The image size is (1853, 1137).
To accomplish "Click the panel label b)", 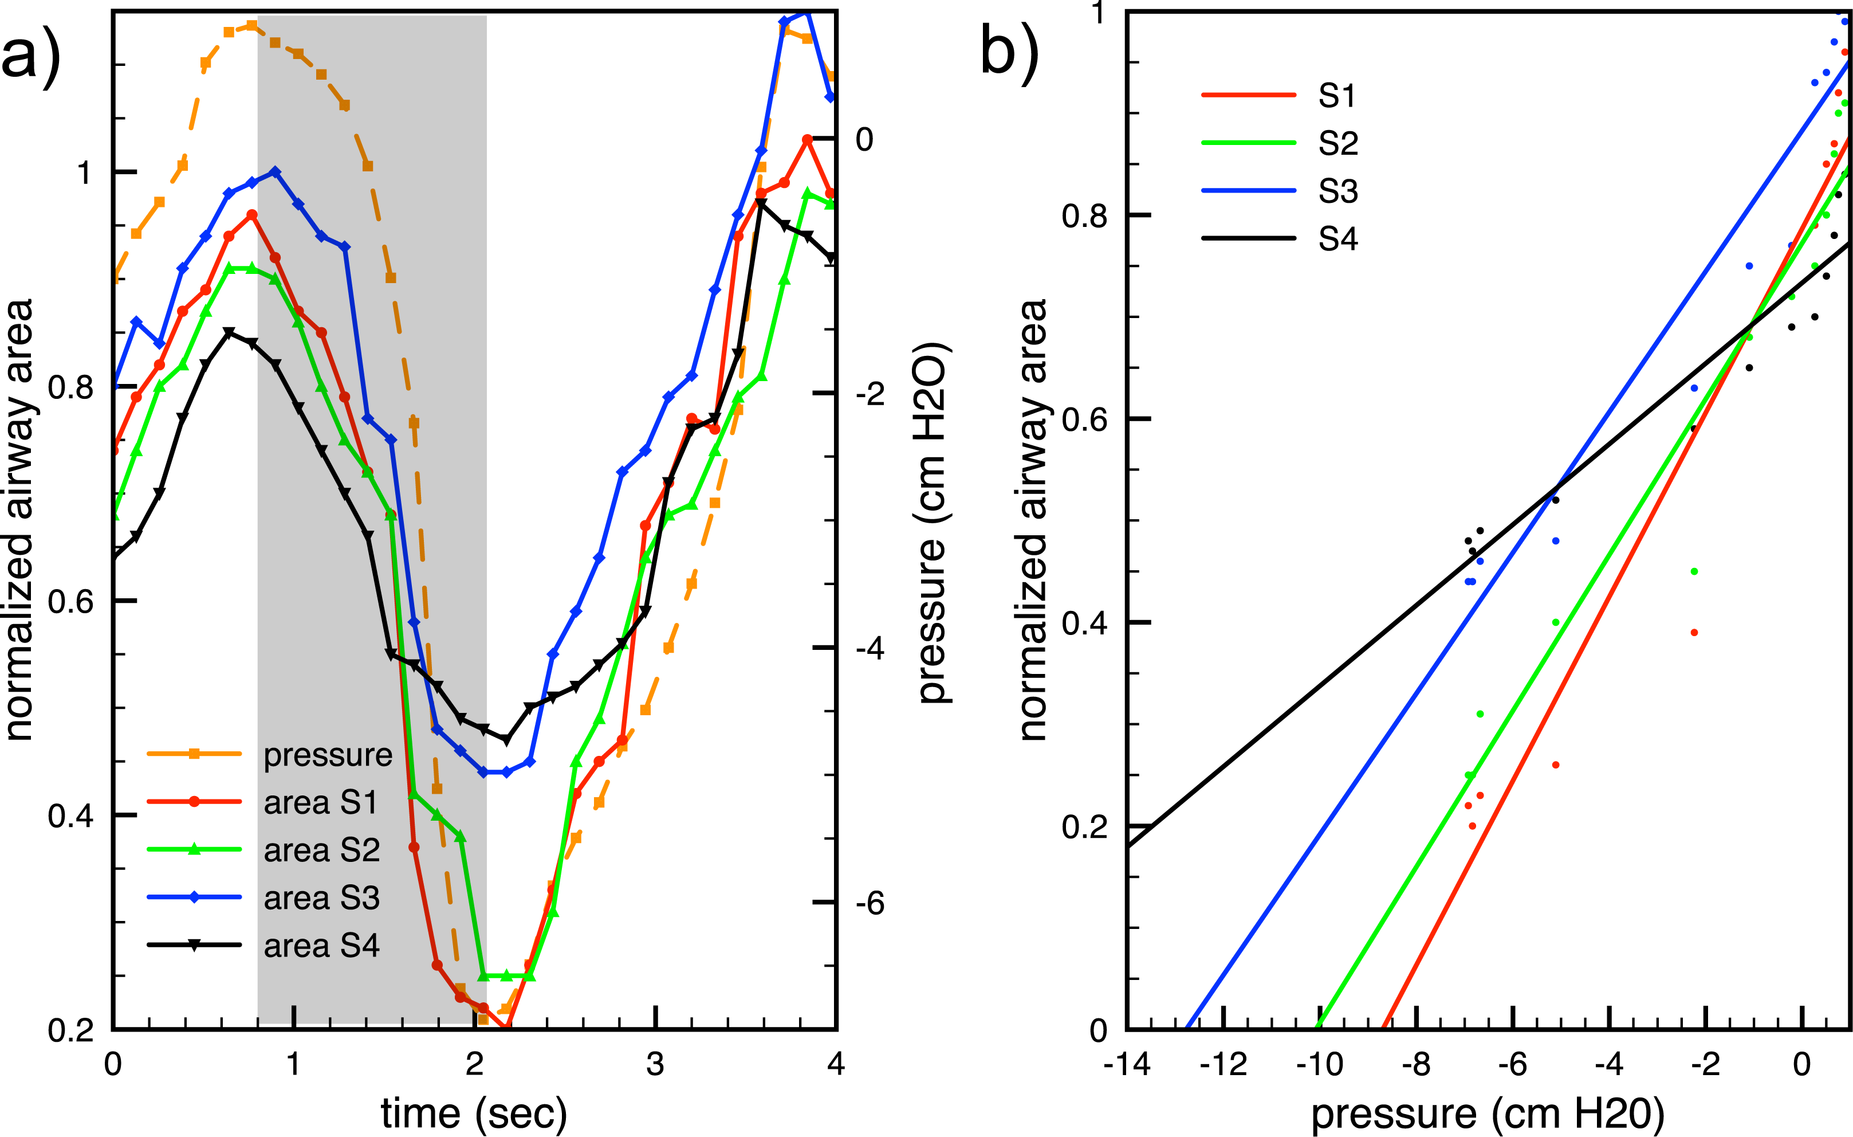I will coord(1009,56).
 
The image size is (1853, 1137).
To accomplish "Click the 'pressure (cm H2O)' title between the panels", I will coord(933,523).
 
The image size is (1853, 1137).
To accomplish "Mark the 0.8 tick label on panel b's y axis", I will coord(1084,216).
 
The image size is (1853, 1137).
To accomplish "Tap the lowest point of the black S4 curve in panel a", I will coord(506,740).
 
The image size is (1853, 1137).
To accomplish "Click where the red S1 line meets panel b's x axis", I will coord(1383,1029).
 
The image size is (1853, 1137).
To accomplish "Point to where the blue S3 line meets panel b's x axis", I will coord(1187,1029).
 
